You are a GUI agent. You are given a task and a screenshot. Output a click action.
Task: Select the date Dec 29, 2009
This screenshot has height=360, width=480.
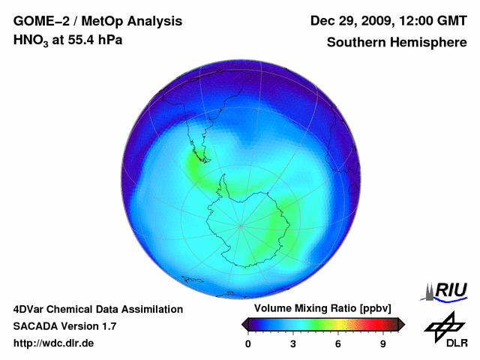point(349,21)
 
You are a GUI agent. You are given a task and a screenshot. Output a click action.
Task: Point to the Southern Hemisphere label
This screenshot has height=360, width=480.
point(396,42)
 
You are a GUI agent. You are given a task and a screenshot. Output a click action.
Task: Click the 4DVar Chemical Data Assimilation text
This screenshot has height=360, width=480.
point(97,309)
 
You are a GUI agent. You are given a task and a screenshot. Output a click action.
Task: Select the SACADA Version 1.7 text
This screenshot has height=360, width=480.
point(64,326)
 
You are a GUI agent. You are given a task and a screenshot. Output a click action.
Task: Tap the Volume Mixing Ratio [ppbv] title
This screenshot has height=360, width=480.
point(323,309)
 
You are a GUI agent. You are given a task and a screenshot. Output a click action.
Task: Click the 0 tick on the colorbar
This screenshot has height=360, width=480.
point(248,344)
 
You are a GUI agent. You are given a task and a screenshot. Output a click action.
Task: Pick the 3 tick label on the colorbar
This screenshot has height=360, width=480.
point(293,344)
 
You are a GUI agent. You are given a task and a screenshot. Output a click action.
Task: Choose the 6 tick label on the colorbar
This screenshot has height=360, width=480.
point(338,344)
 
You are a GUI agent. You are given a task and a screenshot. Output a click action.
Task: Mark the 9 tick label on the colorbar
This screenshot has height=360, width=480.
point(383,344)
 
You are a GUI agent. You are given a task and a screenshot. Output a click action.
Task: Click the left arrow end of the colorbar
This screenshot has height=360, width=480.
point(244,323)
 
